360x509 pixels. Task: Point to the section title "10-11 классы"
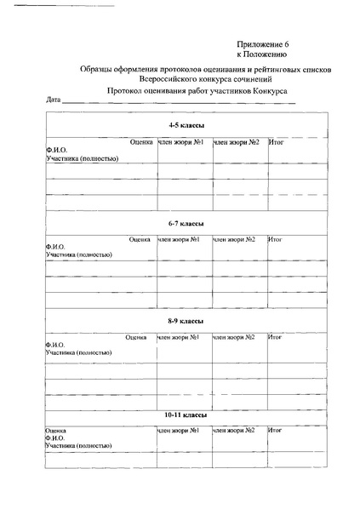(x=185, y=415)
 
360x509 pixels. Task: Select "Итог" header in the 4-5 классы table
(x=276, y=141)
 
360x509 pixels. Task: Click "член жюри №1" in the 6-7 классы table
(x=179, y=239)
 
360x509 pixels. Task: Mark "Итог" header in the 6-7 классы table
(x=276, y=239)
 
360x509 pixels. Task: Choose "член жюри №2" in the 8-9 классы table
(x=235, y=337)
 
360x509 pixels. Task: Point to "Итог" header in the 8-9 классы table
(x=276, y=337)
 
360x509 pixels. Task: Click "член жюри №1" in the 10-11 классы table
(x=179, y=430)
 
